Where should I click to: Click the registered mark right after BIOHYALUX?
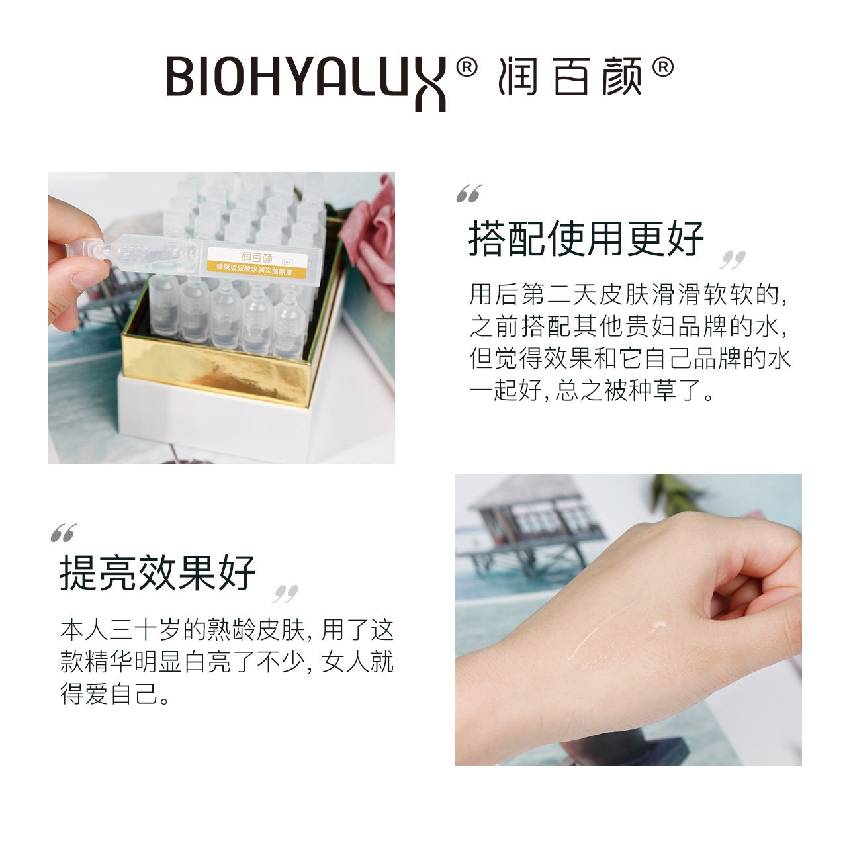pyautogui.click(x=467, y=67)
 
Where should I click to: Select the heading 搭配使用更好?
pyautogui.click(x=586, y=239)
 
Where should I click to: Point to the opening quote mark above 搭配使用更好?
pyautogui.click(x=469, y=194)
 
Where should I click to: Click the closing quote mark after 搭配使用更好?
pyautogui.click(x=733, y=259)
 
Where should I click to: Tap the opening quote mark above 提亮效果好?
pyautogui.click(x=64, y=533)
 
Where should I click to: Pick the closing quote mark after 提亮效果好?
pyautogui.click(x=285, y=594)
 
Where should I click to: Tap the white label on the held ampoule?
pyautogui.click(x=258, y=259)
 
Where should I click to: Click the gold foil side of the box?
pyautogui.click(x=218, y=367)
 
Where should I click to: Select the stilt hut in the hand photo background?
pyautogui.click(x=529, y=523)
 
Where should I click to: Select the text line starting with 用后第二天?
pyautogui.click(x=629, y=294)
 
